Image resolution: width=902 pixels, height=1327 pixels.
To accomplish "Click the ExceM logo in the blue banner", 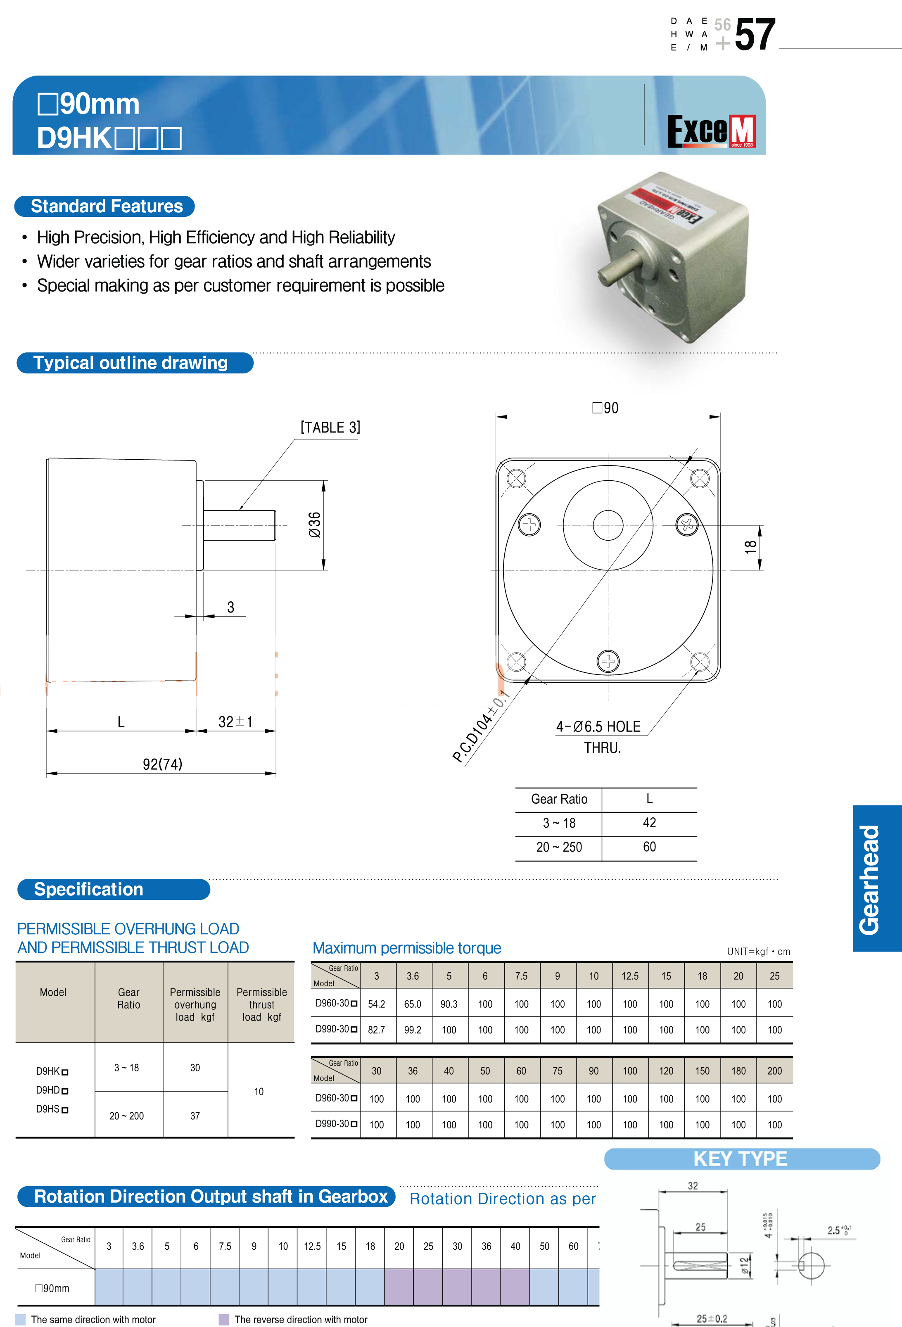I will (x=711, y=131).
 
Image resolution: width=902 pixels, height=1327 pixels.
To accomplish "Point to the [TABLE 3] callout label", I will (x=330, y=428).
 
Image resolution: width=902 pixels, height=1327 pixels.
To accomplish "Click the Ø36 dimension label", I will (x=315, y=524).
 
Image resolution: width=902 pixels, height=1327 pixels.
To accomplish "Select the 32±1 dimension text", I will (x=235, y=722).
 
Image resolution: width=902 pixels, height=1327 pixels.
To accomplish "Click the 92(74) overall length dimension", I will (x=162, y=764).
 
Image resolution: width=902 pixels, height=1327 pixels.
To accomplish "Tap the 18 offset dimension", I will (x=750, y=547).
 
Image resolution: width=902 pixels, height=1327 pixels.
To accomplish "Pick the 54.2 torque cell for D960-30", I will (x=376, y=1004).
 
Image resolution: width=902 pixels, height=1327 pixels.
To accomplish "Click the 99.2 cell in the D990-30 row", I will (x=412, y=1030).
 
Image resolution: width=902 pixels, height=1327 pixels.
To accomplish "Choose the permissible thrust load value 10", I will (x=259, y=1091).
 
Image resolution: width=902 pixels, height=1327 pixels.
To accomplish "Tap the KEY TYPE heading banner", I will (x=741, y=1158).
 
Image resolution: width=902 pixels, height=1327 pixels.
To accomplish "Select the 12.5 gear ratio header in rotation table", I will (x=312, y=1246).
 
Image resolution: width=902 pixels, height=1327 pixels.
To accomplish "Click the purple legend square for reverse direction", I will (x=224, y=1319).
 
